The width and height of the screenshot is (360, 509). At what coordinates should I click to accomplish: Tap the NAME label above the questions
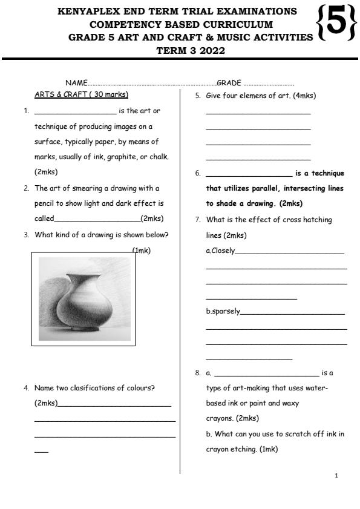(76, 83)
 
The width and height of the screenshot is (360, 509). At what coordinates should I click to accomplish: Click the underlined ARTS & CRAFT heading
(82, 95)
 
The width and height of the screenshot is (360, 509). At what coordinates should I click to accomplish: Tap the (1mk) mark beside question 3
(141, 250)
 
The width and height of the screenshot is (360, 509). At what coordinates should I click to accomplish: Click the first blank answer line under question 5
(258, 114)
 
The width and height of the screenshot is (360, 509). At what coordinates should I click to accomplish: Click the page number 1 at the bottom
(336, 476)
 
